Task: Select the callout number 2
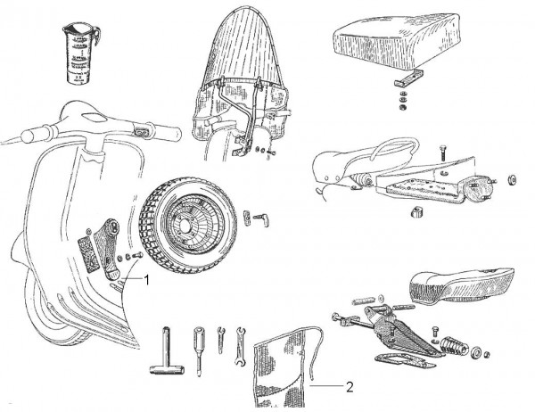[x=350, y=387]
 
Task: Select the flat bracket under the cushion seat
[x=404, y=83]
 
